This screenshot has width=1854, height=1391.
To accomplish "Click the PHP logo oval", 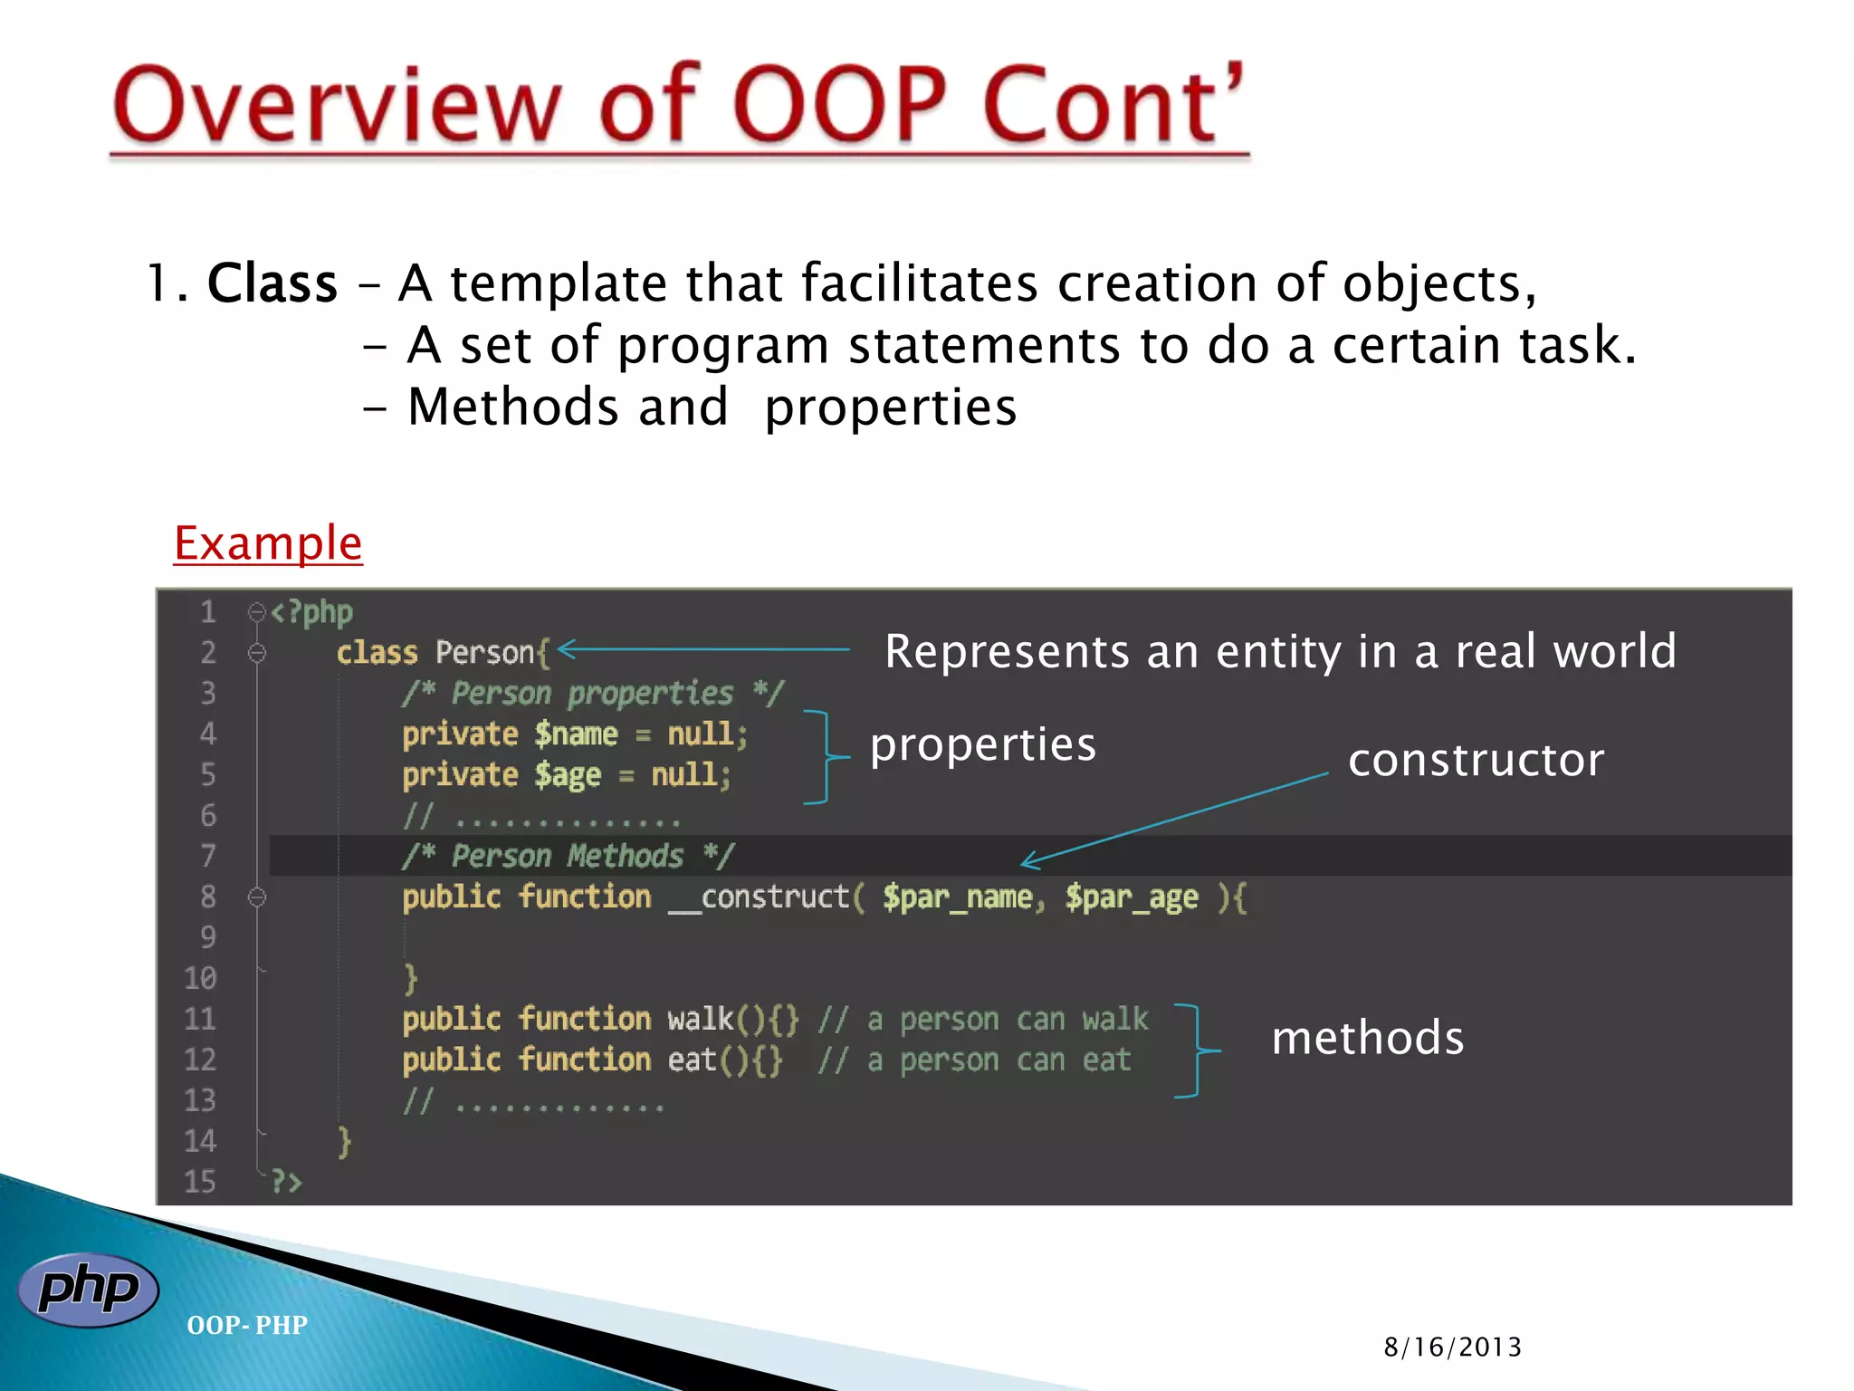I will coord(88,1290).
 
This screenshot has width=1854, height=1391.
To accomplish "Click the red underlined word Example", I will coord(268,543).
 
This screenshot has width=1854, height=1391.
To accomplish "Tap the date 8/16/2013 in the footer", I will coord(1452,1347).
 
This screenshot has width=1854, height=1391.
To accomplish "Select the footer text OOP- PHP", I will coord(246,1325).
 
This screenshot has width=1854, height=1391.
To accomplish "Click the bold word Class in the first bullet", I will coord(272,283).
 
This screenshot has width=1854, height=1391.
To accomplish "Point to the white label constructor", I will coord(1475,760).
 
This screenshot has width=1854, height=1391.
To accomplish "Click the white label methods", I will coord(1367,1038).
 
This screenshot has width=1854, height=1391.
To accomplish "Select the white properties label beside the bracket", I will coord(982,745).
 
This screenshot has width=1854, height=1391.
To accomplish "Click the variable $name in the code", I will coord(576,734).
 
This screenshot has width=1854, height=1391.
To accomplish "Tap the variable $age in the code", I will coord(568,775).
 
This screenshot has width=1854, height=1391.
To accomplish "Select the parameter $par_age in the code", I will coord(1131,897).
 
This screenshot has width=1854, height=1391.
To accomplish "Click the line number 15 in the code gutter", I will coord(200,1181).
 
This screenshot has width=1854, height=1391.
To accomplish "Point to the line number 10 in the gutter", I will coord(200,978).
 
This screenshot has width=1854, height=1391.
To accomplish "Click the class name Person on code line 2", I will coord(485,652).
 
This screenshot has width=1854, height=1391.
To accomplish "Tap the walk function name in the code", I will coord(700,1019).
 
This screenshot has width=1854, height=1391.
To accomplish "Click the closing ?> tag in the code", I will coord(286,1181).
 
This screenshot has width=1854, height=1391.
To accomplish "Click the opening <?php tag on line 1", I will coord(311,613).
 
